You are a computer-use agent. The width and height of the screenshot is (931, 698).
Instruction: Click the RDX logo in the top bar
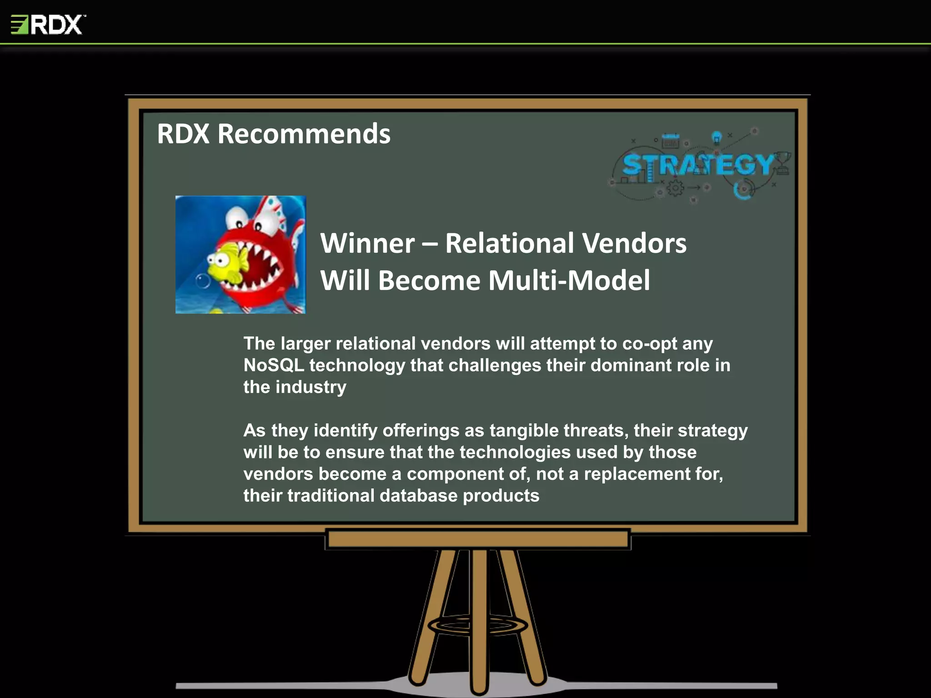click(x=48, y=25)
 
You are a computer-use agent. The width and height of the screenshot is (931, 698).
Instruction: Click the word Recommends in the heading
click(x=304, y=134)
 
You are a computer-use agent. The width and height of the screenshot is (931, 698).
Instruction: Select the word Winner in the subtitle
click(x=367, y=243)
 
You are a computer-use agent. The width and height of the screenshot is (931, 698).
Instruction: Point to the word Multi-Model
click(x=569, y=280)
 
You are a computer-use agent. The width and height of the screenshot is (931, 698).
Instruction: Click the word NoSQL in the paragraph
click(x=273, y=365)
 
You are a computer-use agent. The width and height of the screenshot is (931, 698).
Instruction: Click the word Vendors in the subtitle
click(x=634, y=243)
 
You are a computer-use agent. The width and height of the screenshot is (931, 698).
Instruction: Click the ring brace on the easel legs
click(x=478, y=626)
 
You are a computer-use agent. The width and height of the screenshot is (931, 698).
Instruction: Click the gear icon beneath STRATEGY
click(x=675, y=187)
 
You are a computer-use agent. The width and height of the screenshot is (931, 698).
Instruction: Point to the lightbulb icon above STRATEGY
click(x=717, y=137)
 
